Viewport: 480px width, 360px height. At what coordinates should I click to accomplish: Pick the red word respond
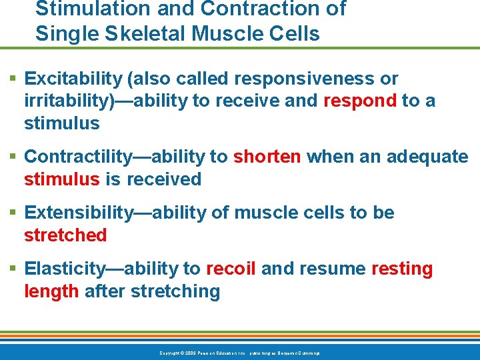(x=359, y=101)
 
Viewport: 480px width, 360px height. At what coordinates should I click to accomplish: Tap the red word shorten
(x=267, y=157)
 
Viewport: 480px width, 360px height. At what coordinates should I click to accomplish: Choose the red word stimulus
(x=61, y=179)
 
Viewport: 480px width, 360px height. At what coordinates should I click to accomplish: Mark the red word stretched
(x=65, y=235)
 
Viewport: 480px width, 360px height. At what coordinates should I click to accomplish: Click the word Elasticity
(x=65, y=269)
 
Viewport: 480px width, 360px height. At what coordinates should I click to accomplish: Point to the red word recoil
(x=231, y=269)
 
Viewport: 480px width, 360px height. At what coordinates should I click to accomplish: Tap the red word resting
(x=401, y=269)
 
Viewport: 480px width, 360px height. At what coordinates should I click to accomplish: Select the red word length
(x=51, y=291)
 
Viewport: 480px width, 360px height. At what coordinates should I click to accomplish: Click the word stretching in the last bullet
(x=175, y=291)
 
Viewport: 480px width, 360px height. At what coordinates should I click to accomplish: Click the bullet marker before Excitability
(x=15, y=79)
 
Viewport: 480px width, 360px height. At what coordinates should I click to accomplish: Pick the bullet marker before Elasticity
(x=15, y=269)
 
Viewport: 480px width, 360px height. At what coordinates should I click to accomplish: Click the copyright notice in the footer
(x=239, y=353)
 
